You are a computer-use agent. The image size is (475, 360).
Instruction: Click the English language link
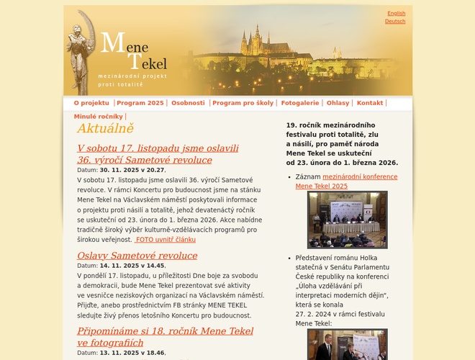click(396, 13)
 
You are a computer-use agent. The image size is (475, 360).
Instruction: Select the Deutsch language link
click(395, 22)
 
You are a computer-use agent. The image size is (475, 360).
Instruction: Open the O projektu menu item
click(91, 103)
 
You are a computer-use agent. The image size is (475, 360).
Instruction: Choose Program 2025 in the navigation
click(140, 103)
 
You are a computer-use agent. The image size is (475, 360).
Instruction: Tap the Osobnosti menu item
click(188, 103)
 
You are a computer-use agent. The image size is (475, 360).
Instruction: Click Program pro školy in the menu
click(243, 103)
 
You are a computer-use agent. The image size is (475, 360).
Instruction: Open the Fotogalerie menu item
click(299, 103)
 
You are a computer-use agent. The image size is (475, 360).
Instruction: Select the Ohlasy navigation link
click(338, 103)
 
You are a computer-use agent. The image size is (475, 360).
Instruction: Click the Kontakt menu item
click(370, 103)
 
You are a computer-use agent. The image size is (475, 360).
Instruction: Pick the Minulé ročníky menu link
click(98, 116)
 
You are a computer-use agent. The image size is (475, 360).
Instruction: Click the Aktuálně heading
click(105, 129)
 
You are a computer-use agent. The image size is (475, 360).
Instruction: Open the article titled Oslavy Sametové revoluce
click(137, 256)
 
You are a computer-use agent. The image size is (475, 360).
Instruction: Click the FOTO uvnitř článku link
click(166, 240)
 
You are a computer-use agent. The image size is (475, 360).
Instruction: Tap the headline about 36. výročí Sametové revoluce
click(158, 154)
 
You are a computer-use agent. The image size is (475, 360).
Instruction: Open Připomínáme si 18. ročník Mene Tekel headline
click(165, 337)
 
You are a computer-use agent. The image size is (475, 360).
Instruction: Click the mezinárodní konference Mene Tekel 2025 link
click(345, 181)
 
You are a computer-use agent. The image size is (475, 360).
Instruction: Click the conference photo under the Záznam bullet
click(347, 220)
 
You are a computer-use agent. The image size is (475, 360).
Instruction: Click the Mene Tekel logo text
click(133, 53)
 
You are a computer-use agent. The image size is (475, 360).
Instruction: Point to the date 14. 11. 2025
click(122, 266)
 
